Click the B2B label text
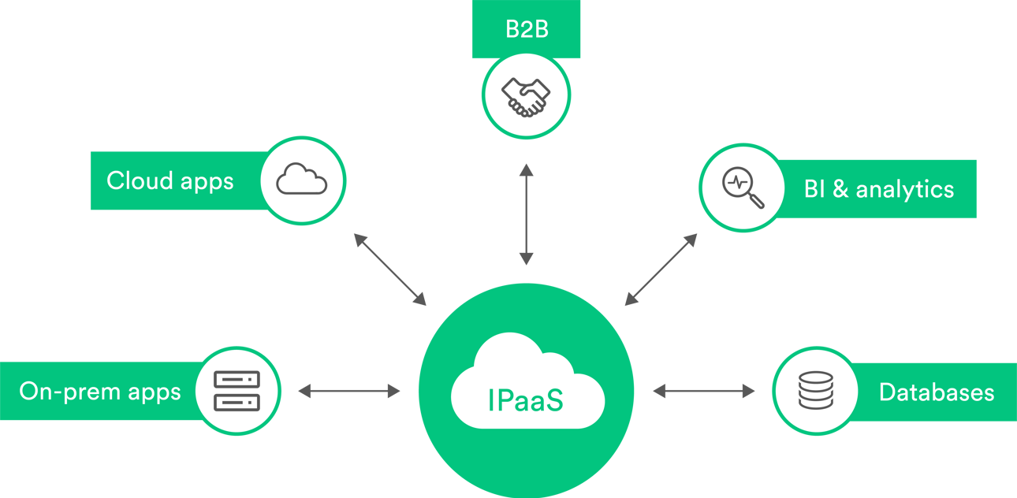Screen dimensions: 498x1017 coord(526,31)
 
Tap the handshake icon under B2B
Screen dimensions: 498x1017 coord(526,97)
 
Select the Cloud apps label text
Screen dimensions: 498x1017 coord(170,180)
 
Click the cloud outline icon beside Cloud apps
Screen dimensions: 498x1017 coord(301,180)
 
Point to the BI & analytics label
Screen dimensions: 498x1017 coord(878,189)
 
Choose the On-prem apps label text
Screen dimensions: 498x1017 coord(100,392)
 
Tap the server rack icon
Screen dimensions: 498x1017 coord(237,391)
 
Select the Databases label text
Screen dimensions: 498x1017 coord(936,392)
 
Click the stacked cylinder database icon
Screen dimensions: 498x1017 coord(815,391)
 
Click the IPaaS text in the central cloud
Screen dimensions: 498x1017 coord(526,399)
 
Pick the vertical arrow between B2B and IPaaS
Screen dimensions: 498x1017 coord(526,214)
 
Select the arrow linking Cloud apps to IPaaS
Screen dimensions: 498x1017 coord(389,269)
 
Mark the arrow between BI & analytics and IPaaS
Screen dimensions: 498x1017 coord(661,269)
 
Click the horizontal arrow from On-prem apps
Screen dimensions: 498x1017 coord(348,390)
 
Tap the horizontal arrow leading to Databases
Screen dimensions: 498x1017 coord(703,390)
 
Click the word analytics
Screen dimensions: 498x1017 coord(905,189)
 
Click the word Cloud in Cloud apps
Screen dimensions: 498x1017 coord(139,180)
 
